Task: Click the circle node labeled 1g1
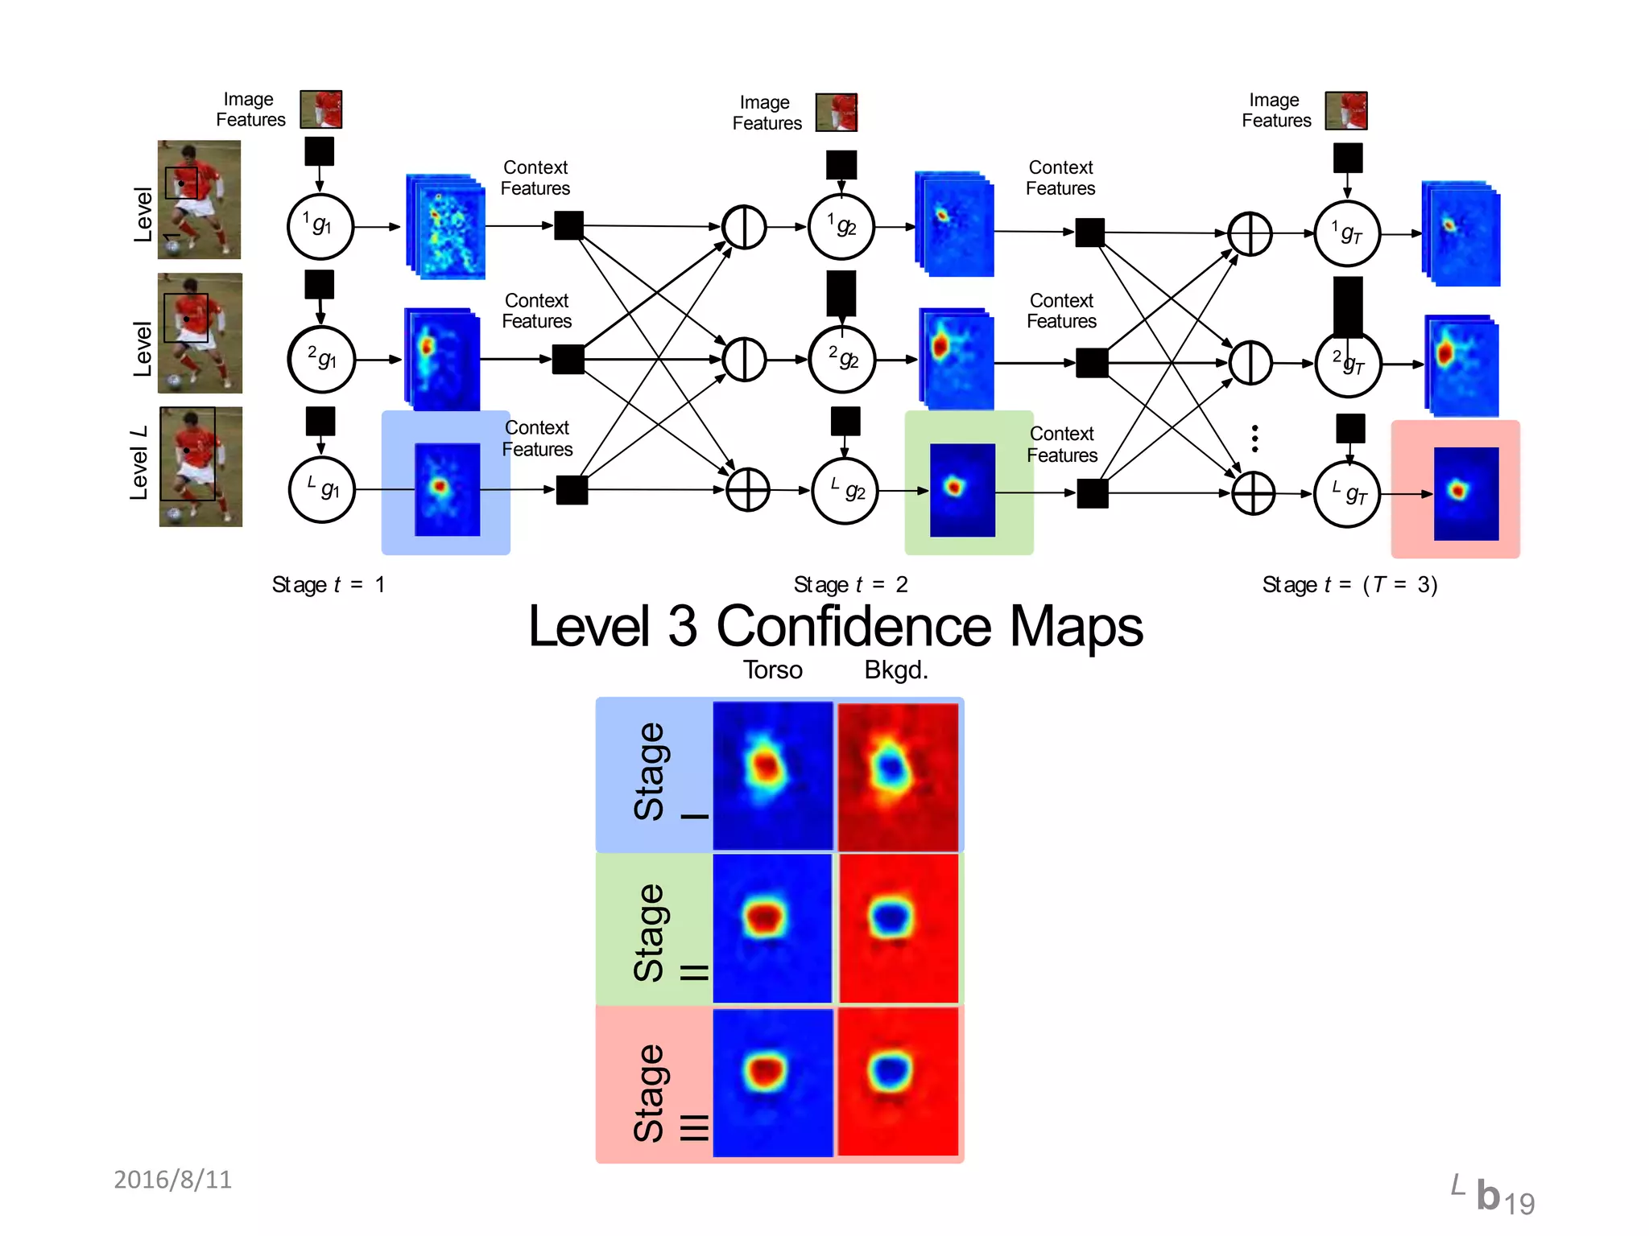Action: coord(320,227)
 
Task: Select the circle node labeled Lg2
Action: coord(845,491)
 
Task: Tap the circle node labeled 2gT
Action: coord(1347,365)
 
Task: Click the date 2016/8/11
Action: coord(172,1180)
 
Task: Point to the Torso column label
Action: coord(772,670)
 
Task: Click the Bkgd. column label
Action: coord(895,670)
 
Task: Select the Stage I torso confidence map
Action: coord(772,775)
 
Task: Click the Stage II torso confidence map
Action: coord(772,929)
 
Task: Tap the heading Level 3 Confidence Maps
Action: coord(835,627)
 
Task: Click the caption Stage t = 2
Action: coord(850,585)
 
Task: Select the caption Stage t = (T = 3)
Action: coord(1349,585)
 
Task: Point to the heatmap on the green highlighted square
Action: coord(962,489)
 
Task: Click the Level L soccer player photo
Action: coord(200,467)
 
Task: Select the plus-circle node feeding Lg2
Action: coord(747,490)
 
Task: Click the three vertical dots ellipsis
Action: coord(1254,439)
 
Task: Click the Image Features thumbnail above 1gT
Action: coord(1346,111)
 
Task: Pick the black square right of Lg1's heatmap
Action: coord(572,490)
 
